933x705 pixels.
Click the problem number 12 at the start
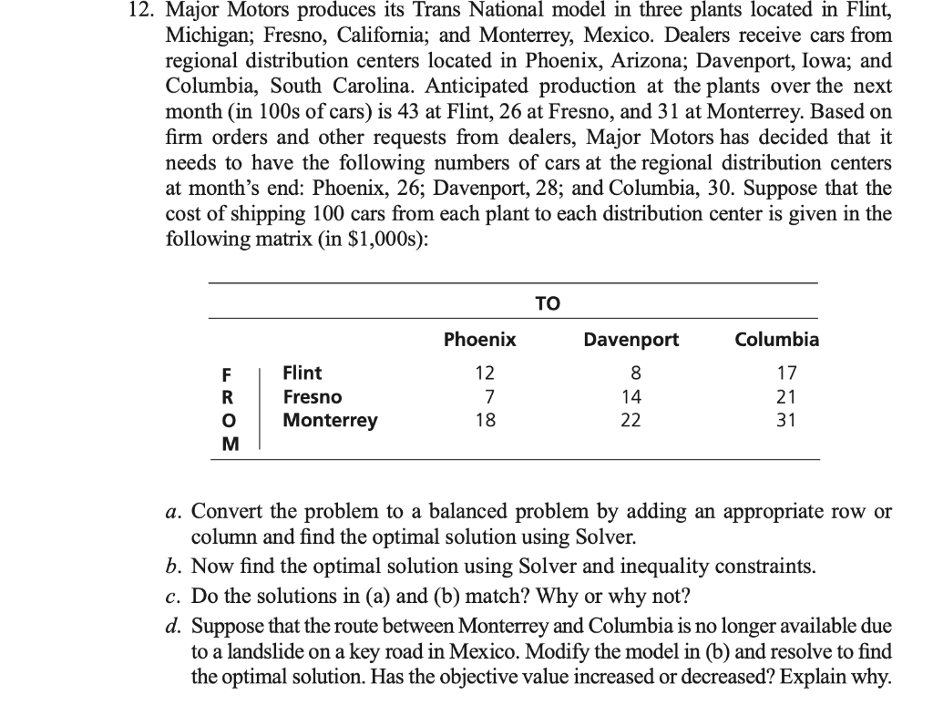tap(135, 12)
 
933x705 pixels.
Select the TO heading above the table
tap(549, 303)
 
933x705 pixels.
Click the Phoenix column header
tap(479, 340)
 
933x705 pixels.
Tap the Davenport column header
tap(631, 340)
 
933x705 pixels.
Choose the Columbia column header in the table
tap(777, 340)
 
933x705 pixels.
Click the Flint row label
tap(302, 373)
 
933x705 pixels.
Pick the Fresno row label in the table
tap(313, 397)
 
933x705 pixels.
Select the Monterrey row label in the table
tap(330, 421)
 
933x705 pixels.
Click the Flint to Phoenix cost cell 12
tap(486, 373)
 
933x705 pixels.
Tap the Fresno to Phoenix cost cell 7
tap(489, 397)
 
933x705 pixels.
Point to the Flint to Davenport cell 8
tap(636, 373)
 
